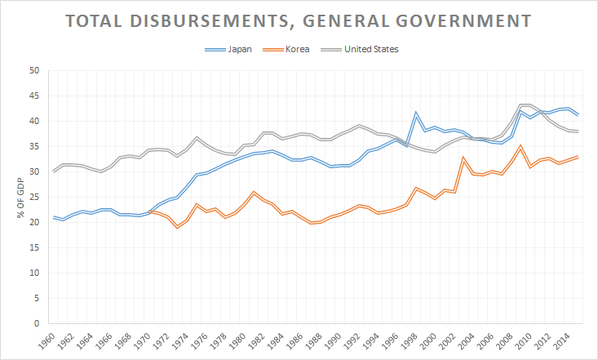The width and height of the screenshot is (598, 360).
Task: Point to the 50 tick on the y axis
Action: tap(34, 71)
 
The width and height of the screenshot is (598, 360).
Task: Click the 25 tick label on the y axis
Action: tap(34, 198)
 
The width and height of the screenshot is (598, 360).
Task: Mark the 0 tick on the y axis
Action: tap(37, 324)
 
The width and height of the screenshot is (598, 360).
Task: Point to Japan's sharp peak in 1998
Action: tap(416, 113)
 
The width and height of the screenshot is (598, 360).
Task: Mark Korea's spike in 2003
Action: tap(464, 158)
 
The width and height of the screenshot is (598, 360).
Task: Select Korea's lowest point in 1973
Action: tap(176, 227)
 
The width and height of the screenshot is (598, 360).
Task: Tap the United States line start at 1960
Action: tap(54, 171)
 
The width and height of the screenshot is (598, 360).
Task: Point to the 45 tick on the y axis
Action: tap(34, 96)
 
